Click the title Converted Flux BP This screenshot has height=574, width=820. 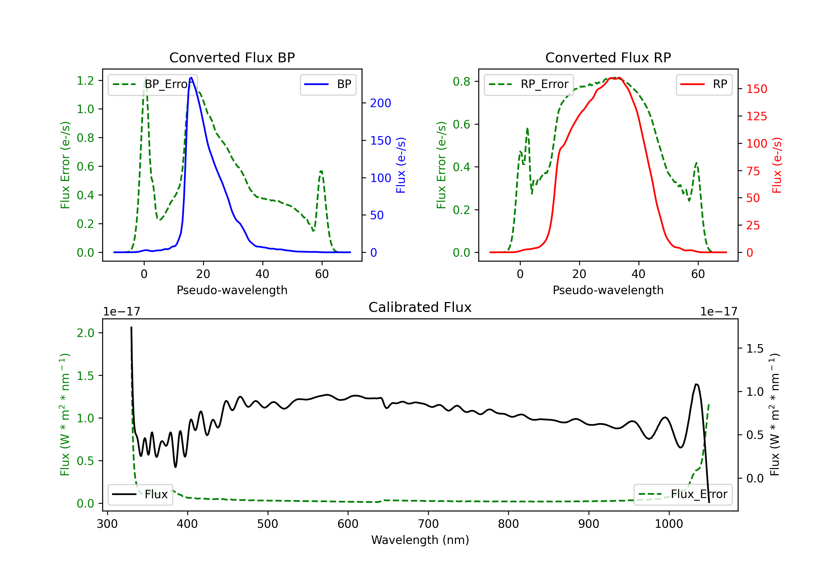pos(232,57)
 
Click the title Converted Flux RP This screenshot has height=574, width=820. pos(608,57)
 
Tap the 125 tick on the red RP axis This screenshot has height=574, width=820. pos(756,116)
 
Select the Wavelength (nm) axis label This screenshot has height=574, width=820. pos(420,540)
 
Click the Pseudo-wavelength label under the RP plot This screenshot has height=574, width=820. pos(608,290)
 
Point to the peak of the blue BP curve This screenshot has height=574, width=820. pos(191,78)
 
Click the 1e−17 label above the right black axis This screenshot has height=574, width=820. pos(718,312)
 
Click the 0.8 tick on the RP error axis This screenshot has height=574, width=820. pos(461,81)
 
